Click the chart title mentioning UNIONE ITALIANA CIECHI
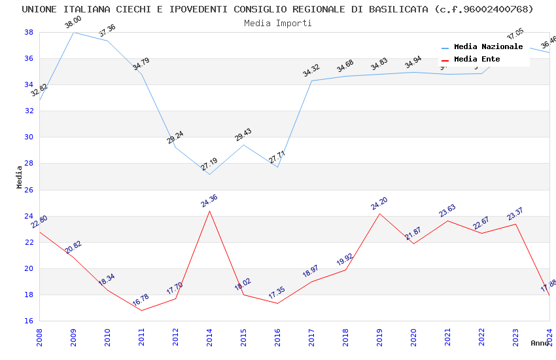[x=277, y=9]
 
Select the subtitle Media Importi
[x=277, y=23]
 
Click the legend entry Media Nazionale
[x=488, y=47]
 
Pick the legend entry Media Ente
[x=477, y=60]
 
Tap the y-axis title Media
[x=20, y=177]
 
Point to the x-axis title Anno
[x=540, y=343]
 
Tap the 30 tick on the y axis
[x=29, y=137]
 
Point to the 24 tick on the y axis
[x=29, y=216]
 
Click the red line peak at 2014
[x=209, y=211]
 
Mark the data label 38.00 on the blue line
[x=73, y=24]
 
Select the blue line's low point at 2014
[x=209, y=174]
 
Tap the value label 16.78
[x=141, y=301]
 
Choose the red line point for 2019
[x=379, y=213]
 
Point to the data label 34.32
[x=311, y=71]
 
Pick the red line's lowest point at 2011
[x=141, y=310]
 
